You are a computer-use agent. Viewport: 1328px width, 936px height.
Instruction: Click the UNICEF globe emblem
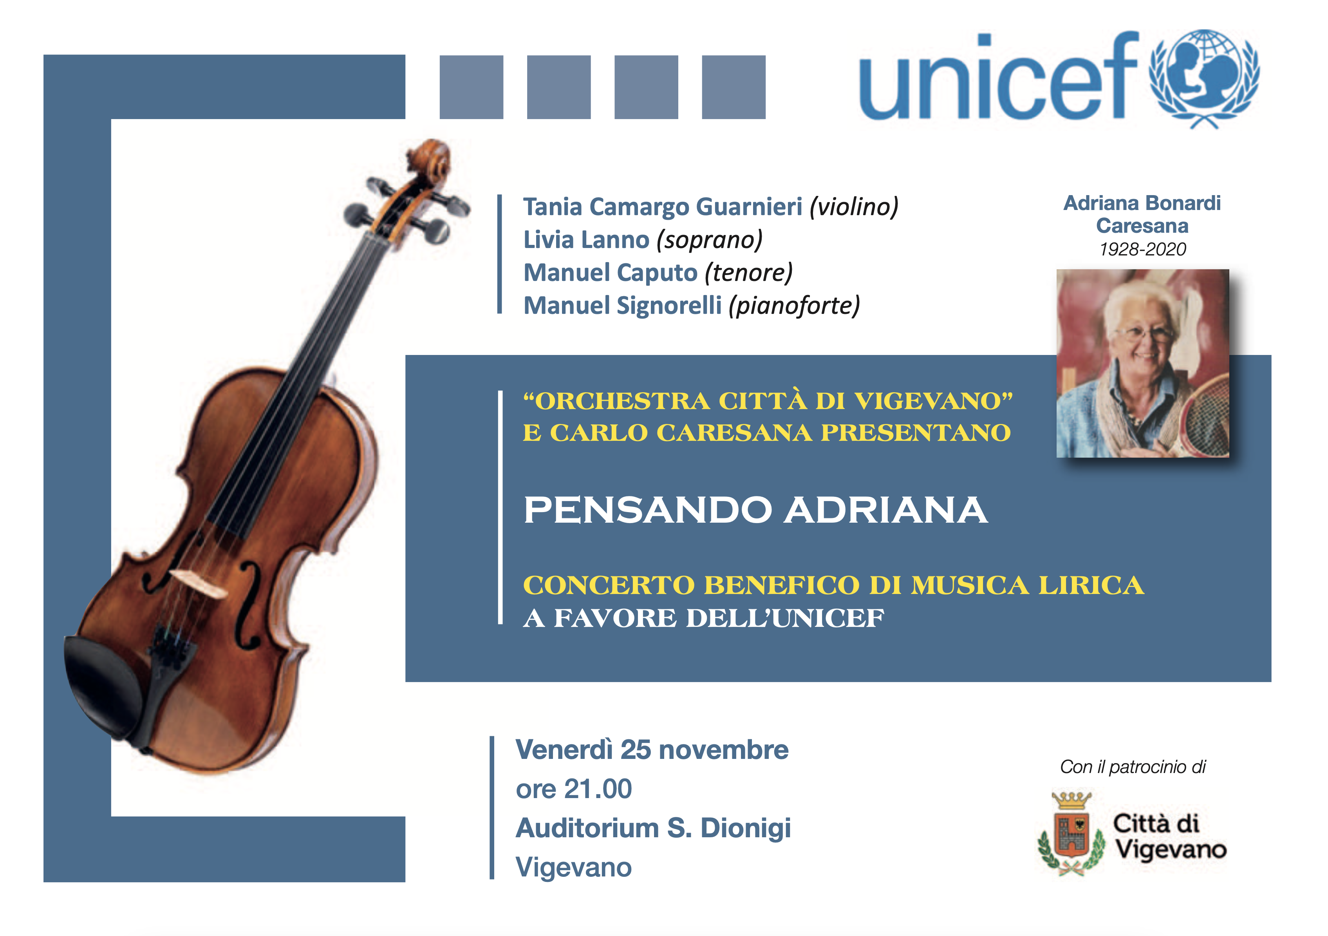point(1204,78)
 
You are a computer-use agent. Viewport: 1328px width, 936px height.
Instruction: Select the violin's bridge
point(198,583)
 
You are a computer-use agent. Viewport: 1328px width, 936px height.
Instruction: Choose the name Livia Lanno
point(586,239)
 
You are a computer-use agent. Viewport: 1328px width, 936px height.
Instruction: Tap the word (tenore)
point(748,272)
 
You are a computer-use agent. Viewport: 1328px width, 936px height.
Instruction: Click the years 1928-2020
point(1142,249)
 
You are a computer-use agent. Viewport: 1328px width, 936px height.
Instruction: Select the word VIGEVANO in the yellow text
point(933,401)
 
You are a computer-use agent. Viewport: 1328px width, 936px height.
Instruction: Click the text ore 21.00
point(574,789)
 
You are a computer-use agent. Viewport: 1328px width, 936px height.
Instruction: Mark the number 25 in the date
point(636,750)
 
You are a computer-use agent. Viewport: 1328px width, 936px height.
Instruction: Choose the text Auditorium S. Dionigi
point(653,828)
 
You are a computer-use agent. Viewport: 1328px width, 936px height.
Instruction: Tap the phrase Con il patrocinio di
point(1133,767)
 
